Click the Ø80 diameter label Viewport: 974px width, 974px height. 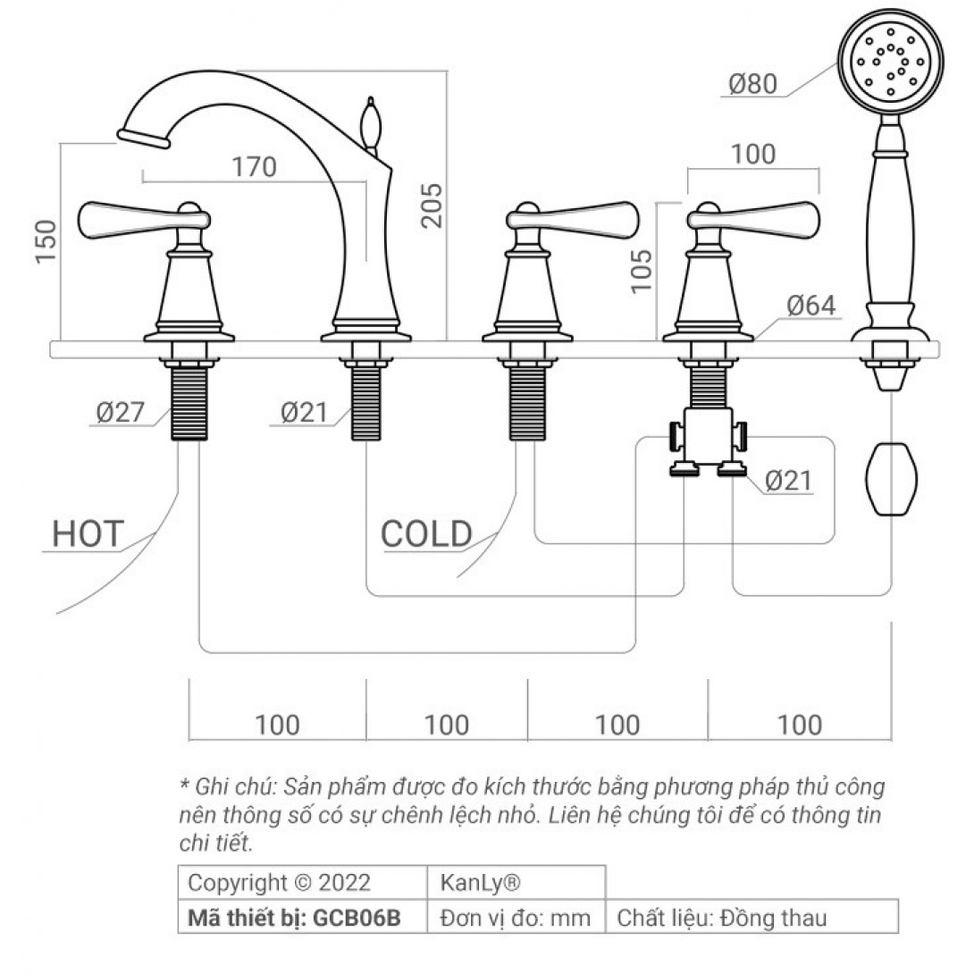(753, 84)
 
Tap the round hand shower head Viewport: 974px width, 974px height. (891, 61)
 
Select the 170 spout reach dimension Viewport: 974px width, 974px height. (254, 167)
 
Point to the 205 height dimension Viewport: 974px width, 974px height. (432, 206)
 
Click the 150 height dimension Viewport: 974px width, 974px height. (46, 241)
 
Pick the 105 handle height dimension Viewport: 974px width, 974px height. (642, 271)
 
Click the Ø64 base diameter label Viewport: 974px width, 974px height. (811, 306)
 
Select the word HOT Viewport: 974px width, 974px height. (88, 534)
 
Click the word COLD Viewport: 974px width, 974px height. (427, 534)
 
